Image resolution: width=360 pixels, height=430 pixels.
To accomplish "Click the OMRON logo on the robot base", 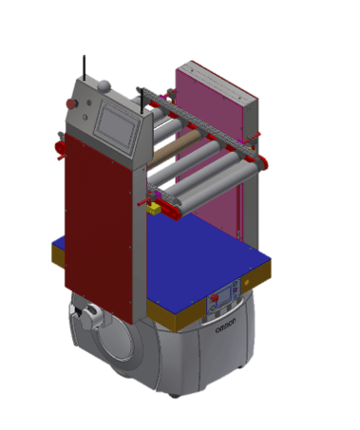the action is pyautogui.click(x=225, y=326).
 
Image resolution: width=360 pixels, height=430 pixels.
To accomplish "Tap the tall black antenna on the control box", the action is pyautogui.click(x=85, y=68).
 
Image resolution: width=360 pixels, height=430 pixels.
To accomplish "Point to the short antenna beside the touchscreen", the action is pyautogui.click(x=142, y=101).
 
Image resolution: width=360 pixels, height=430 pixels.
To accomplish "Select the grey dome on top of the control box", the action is pyautogui.click(x=104, y=85).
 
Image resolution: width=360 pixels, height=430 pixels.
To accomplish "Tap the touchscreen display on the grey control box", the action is pyautogui.click(x=117, y=126).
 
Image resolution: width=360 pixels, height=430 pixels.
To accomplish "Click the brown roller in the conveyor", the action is pyautogui.click(x=175, y=149).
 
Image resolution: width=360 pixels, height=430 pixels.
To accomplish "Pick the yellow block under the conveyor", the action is pyautogui.click(x=154, y=209).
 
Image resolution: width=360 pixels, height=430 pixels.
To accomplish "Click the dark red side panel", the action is pyautogui.click(x=98, y=225).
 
